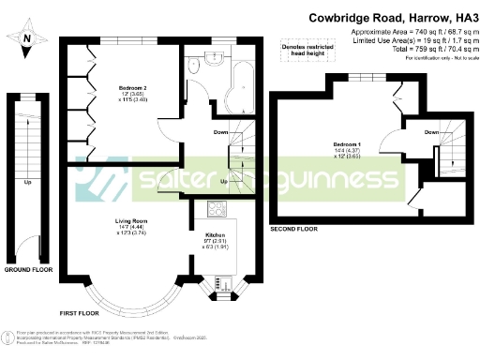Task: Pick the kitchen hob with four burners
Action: click(x=212, y=212)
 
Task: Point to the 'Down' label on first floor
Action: click(x=221, y=132)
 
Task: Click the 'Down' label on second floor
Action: click(x=431, y=132)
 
